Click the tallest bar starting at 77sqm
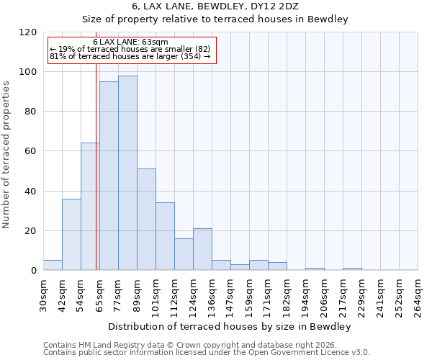tap(127, 173)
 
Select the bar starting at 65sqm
tap(109, 176)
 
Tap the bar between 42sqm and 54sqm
tap(71, 234)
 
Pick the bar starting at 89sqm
tap(146, 220)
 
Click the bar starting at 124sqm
tap(202, 249)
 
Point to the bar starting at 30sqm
tap(53, 265)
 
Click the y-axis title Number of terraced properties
tap(6, 155)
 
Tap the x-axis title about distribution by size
tap(230, 326)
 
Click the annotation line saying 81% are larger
tap(130, 56)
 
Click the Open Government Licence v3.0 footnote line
tap(207, 353)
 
